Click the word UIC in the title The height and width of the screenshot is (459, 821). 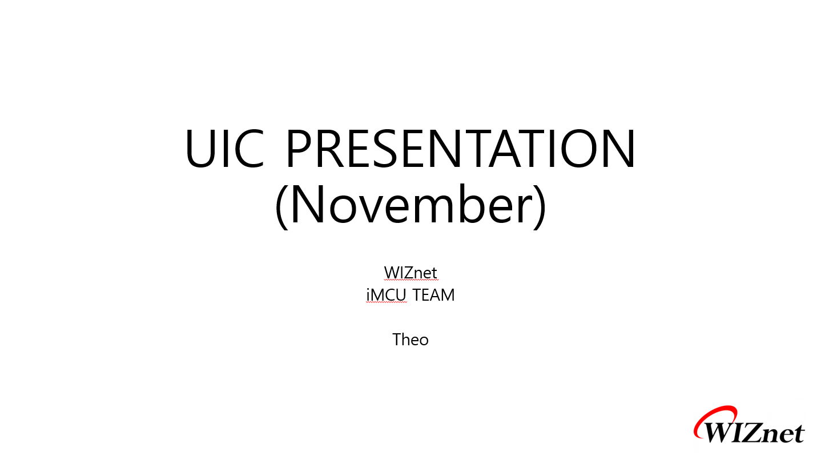(225, 148)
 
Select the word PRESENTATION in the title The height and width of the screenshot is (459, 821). (461, 148)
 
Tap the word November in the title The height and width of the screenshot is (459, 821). (411, 204)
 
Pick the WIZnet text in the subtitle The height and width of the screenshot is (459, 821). (410, 273)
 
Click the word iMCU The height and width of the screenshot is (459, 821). (387, 295)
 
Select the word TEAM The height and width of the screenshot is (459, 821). (433, 295)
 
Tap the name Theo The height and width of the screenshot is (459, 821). (410, 340)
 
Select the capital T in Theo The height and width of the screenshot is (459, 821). (398, 340)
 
